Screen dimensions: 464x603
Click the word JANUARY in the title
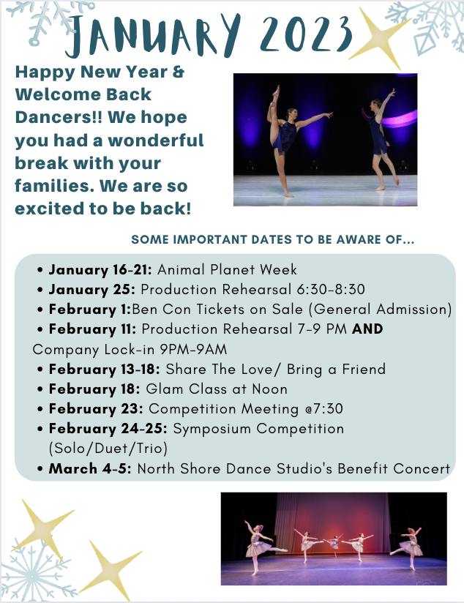click(153, 35)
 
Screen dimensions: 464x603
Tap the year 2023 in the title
click(306, 34)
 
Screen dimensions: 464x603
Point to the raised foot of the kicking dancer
click(276, 91)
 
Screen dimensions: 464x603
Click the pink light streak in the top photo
click(395, 118)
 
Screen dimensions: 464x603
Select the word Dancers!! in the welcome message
click(59, 117)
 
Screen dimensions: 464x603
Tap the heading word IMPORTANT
click(211, 239)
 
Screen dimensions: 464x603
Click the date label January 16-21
click(101, 269)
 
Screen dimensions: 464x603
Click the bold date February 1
click(90, 310)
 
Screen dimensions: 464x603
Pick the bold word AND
click(367, 329)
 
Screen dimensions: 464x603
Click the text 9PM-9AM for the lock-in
click(193, 350)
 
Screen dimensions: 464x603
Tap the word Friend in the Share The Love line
click(364, 369)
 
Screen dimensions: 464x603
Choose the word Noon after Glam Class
click(270, 389)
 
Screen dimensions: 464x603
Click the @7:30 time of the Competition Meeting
click(324, 409)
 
